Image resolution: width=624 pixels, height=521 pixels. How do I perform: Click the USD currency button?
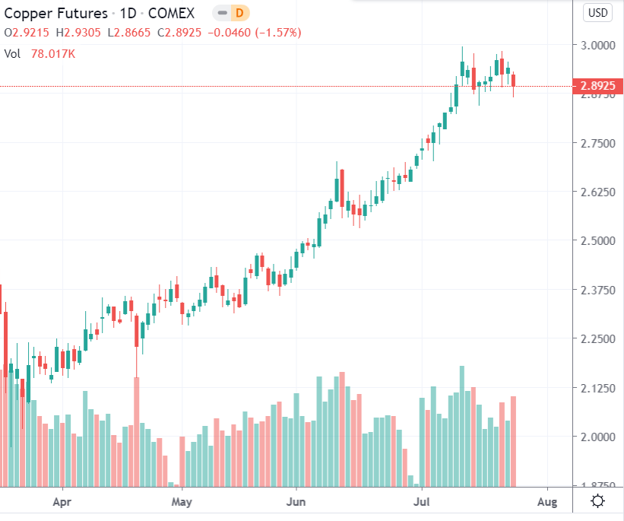coord(597,13)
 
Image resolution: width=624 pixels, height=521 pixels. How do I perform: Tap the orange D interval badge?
coord(239,14)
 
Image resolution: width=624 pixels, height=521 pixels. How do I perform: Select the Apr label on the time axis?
coord(62,502)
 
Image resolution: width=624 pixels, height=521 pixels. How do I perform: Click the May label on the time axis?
coord(181,502)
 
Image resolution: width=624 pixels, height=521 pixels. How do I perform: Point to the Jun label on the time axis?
coord(296,502)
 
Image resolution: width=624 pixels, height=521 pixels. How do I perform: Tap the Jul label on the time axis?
coord(421,502)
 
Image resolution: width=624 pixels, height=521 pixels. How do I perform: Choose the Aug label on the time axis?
coord(547,502)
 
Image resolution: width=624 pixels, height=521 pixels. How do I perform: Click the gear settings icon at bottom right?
coord(597,501)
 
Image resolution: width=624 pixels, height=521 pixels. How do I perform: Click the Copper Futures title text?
coord(55,14)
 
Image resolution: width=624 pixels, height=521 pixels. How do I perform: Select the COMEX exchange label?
coord(170,14)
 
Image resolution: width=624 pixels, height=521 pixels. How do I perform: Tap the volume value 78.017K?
coord(53,53)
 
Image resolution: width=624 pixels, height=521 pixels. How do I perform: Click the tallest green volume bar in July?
coord(461,426)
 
